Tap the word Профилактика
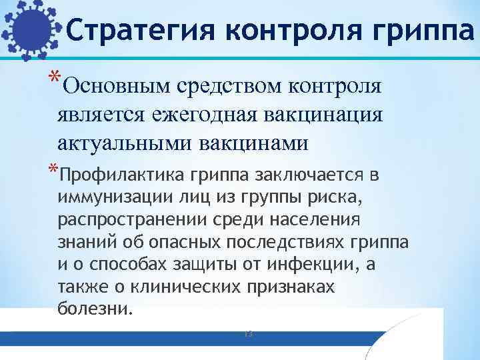pos(122,175)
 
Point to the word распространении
pos(125,220)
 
